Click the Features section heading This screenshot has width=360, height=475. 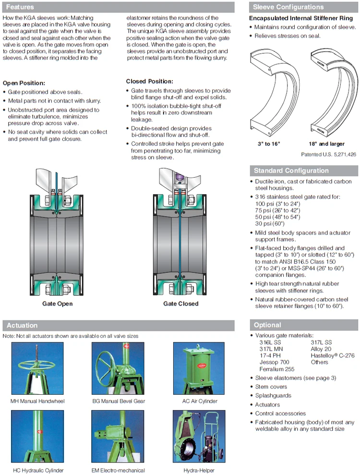(x=20, y=7)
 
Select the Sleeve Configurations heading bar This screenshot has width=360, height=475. (x=288, y=7)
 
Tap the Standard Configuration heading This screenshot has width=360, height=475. (x=291, y=171)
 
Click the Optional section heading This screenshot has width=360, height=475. (x=267, y=325)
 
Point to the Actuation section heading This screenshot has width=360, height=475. (x=22, y=326)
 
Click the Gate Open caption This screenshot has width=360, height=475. (x=57, y=304)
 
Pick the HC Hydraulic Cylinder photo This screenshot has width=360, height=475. (x=37, y=436)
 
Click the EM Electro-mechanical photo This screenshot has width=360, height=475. (x=118, y=436)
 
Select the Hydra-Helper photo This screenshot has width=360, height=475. (x=199, y=436)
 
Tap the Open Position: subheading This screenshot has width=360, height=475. (x=24, y=83)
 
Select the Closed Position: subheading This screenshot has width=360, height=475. (x=150, y=82)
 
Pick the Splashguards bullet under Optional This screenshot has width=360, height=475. (x=273, y=396)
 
